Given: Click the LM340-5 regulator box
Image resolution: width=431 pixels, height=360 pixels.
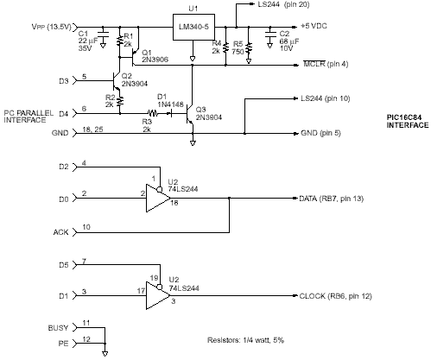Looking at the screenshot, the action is tap(193, 27).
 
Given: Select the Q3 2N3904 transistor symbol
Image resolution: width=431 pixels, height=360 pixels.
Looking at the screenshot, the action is tap(189, 114).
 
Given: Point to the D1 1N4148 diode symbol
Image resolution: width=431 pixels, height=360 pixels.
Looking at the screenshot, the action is tap(169, 114).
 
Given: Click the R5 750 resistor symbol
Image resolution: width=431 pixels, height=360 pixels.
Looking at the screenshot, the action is tap(249, 49).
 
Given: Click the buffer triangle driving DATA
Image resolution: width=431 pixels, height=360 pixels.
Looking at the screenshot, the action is tap(158, 199).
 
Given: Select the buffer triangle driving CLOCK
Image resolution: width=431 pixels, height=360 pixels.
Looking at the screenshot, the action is tap(158, 296).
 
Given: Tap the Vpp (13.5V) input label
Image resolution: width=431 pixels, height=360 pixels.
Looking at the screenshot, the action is tap(51, 27).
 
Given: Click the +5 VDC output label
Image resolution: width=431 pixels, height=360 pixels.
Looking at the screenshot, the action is tap(314, 26).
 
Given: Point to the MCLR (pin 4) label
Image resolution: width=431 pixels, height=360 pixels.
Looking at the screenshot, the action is tap(326, 64).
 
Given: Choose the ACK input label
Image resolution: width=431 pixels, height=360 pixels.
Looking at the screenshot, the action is tap(60, 232).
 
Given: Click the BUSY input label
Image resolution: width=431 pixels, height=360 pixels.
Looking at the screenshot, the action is tap(58, 328).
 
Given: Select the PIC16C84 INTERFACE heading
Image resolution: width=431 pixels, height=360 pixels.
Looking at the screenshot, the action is tap(408, 121).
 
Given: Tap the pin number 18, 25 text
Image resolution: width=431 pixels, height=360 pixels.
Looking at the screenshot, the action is tap(92, 129).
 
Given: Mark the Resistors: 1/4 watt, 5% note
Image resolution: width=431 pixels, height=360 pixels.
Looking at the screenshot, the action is tap(245, 340).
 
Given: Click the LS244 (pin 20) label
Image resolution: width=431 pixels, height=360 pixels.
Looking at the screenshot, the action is tap(283, 4).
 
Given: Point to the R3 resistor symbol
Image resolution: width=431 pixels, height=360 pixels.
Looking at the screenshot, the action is tap(153, 113).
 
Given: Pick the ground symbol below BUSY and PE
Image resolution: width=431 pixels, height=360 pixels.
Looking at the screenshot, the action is tap(105, 354).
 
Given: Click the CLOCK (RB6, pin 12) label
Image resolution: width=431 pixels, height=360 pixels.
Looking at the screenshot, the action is tap(335, 296).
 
